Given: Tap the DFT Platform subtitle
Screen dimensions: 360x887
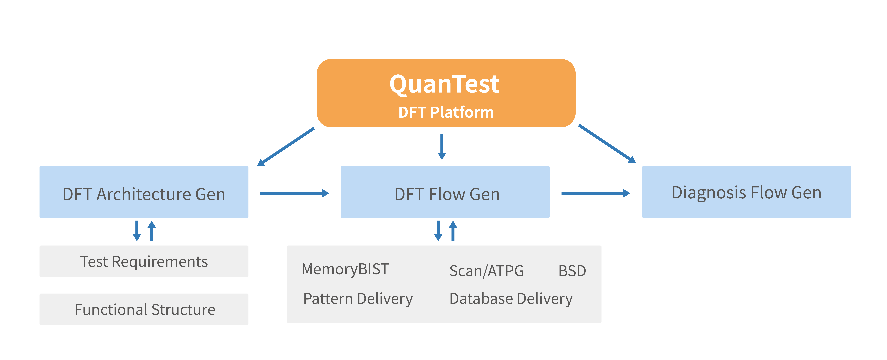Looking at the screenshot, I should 446,112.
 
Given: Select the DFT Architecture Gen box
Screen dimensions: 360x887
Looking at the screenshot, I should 144,192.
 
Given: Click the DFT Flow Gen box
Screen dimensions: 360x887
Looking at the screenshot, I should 445,192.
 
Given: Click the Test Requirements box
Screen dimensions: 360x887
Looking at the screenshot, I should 144,261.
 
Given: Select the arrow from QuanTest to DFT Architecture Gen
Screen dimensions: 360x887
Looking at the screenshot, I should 286,147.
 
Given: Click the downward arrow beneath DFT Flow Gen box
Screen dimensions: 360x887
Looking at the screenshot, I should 438,231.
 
